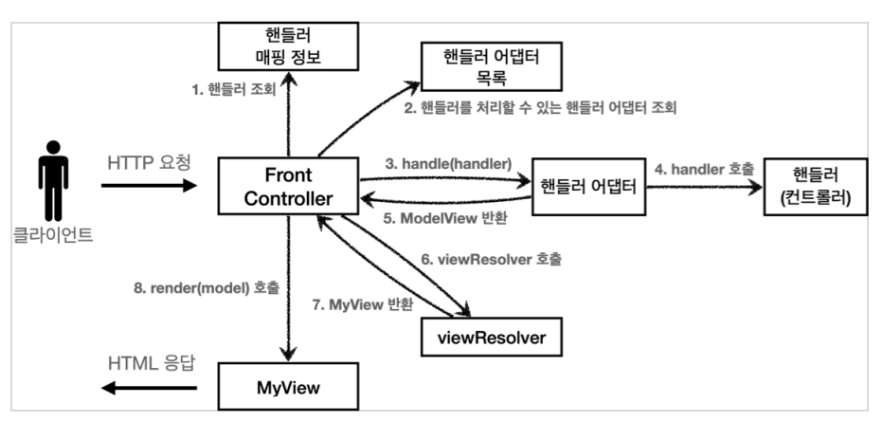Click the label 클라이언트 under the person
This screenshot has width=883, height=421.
coord(53,234)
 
